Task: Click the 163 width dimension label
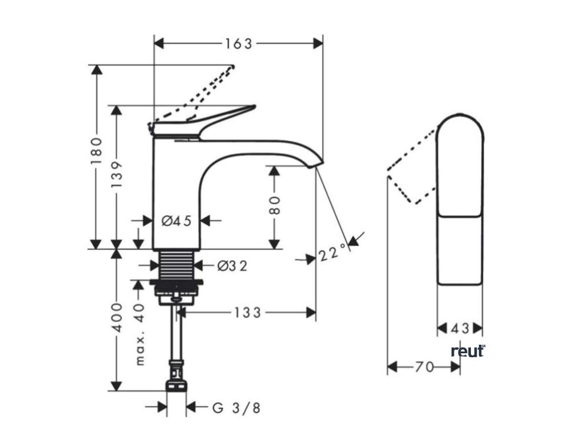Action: click(x=239, y=43)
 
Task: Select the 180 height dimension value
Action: click(x=96, y=151)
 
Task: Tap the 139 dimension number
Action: click(x=117, y=175)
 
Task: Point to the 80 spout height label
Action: click(x=275, y=205)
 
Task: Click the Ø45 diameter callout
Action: click(x=176, y=221)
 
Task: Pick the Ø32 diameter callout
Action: click(x=232, y=266)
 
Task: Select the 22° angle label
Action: click(x=332, y=253)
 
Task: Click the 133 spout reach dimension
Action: click(x=247, y=313)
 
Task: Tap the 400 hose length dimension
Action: click(x=117, y=318)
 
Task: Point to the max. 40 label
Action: click(x=139, y=334)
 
